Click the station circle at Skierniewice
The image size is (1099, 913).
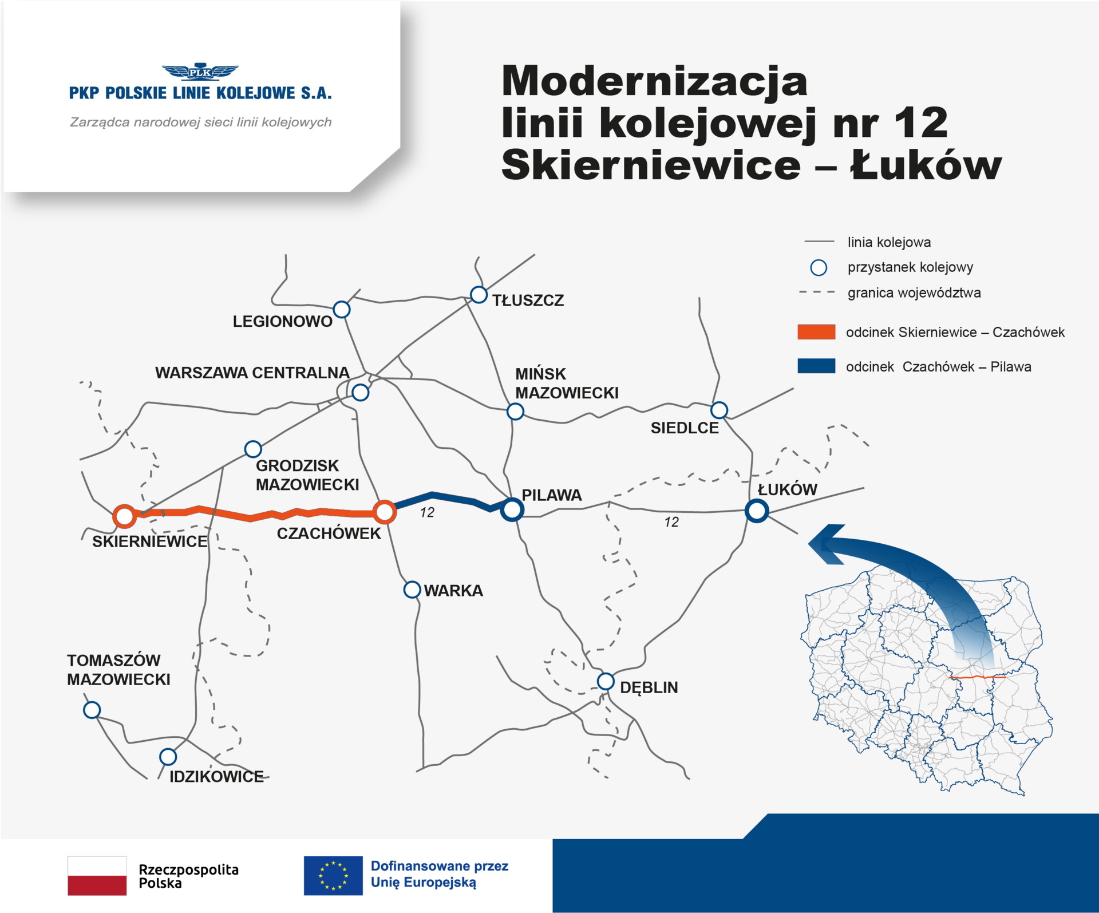click(x=124, y=516)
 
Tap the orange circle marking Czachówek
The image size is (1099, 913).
click(x=385, y=511)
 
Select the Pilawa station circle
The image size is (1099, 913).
click(x=512, y=509)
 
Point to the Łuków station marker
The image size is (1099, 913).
click(x=757, y=510)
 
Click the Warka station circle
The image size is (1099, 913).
click(x=412, y=590)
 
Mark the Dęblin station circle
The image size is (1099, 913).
click(x=606, y=682)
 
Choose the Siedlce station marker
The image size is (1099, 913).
click(x=719, y=410)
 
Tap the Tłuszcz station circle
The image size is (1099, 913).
click(x=479, y=295)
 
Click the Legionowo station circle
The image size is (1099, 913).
click(x=342, y=310)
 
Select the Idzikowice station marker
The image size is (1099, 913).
click(x=168, y=757)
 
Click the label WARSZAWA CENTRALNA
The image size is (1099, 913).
click(x=252, y=373)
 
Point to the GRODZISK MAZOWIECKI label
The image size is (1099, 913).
click(x=307, y=475)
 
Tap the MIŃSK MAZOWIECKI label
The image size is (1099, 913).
click(x=567, y=384)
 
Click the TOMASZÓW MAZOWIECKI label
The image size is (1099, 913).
click(x=118, y=670)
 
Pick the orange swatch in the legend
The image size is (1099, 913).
click(x=816, y=332)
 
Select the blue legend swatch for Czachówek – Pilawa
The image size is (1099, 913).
click(x=816, y=366)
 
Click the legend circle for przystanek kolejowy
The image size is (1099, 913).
click(x=819, y=267)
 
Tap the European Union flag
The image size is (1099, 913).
click(x=333, y=875)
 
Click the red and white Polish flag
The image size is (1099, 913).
click(x=97, y=875)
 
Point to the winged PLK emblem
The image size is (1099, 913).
click(x=200, y=72)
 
